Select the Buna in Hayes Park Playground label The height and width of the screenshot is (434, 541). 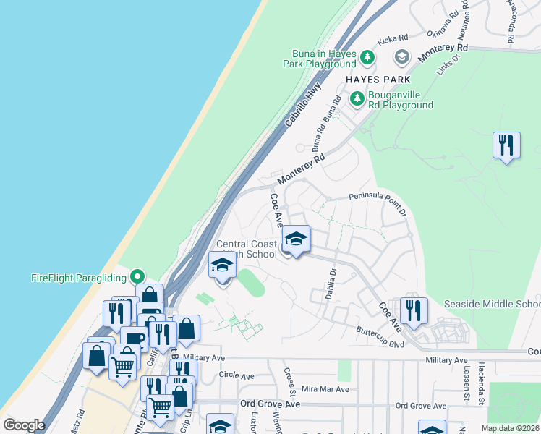[324, 59]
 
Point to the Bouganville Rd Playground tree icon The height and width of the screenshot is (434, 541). [357, 98]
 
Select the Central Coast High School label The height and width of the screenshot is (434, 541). [247, 249]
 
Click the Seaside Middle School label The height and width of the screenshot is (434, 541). [492, 304]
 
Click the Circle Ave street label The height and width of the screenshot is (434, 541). [237, 376]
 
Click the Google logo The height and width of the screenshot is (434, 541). [24, 425]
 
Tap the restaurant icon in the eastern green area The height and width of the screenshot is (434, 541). [506, 145]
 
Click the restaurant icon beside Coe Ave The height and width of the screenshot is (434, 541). [413, 310]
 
